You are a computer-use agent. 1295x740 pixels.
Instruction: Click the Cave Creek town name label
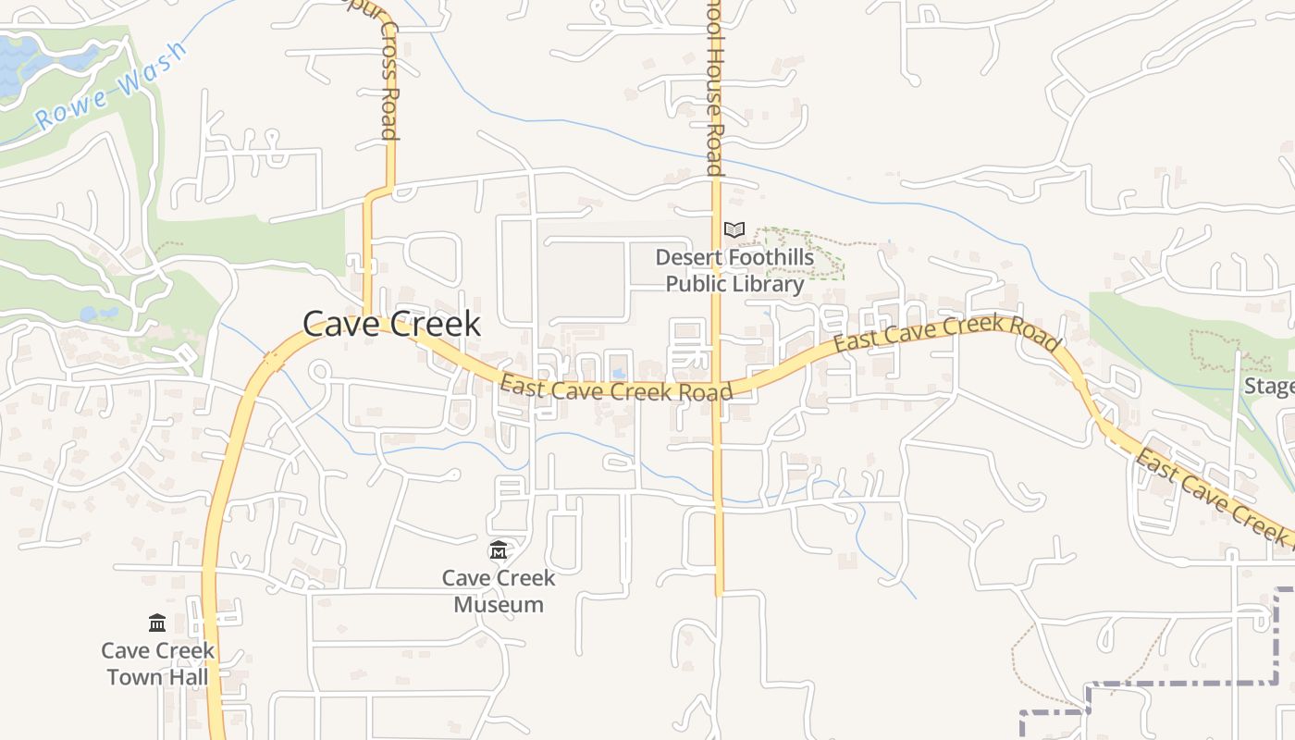click(391, 324)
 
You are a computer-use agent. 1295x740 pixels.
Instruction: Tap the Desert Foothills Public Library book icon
click(734, 229)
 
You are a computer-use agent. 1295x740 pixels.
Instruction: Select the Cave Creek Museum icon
click(499, 551)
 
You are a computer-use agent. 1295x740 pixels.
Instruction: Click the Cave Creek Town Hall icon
click(157, 623)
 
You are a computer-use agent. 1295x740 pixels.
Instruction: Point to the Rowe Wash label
click(110, 86)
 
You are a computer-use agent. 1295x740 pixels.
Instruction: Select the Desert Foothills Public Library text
click(734, 270)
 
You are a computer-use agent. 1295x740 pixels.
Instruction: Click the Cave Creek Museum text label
click(499, 591)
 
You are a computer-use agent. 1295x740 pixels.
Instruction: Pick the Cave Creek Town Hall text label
click(157, 663)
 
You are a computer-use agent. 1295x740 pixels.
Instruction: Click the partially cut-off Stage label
click(1268, 386)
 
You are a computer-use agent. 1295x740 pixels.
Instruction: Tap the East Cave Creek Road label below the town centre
click(616, 388)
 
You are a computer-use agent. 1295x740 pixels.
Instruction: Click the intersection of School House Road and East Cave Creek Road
click(718, 388)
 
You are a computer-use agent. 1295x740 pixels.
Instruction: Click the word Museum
click(499, 605)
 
